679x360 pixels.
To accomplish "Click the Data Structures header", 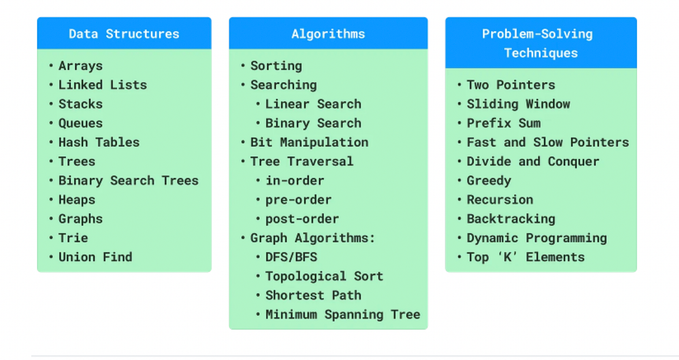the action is (x=124, y=34).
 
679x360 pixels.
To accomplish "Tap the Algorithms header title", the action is (x=328, y=34).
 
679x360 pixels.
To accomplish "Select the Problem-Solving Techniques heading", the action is (x=540, y=43).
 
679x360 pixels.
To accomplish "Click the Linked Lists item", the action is (x=102, y=85).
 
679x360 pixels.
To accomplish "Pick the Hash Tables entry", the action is (x=99, y=142).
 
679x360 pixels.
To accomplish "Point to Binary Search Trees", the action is (x=129, y=180).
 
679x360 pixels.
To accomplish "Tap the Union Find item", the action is (x=95, y=257).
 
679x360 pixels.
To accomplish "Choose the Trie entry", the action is (x=73, y=238).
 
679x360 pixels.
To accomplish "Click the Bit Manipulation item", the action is (x=309, y=142).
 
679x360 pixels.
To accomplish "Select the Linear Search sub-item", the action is (x=313, y=104).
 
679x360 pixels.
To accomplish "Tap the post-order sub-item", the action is (x=302, y=219).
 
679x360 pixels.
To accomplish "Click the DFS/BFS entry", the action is (x=291, y=257).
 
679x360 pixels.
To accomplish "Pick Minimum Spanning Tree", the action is (x=343, y=314).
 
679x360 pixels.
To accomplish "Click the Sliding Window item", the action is (x=518, y=104).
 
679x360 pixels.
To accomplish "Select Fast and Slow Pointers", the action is (x=548, y=142).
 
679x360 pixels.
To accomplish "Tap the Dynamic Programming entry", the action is (x=537, y=238).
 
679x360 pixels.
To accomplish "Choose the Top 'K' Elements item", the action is (x=526, y=257).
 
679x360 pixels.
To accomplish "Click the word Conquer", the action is (x=573, y=162).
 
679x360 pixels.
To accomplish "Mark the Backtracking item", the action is (x=511, y=219).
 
